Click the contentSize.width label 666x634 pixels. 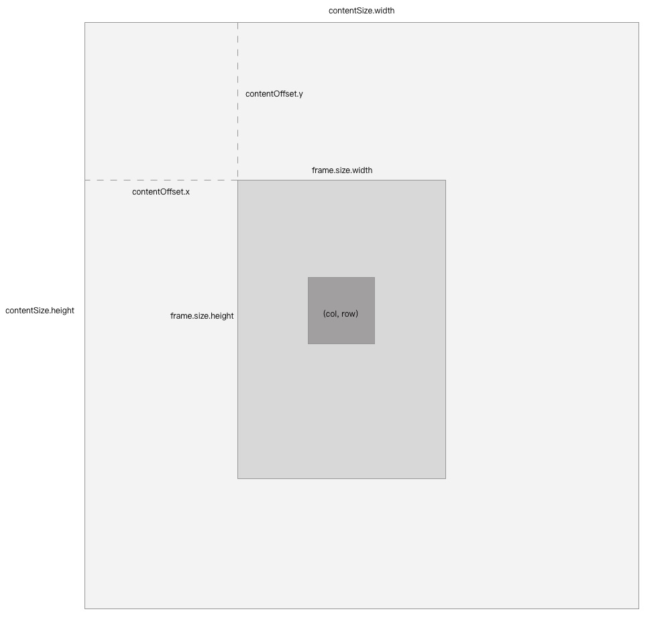pyautogui.click(x=362, y=11)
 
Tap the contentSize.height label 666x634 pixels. pyautogui.click(x=40, y=311)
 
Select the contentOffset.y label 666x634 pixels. pyautogui.click(x=274, y=94)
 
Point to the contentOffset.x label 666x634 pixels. pyautogui.click(x=160, y=192)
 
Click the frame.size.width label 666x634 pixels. pyautogui.click(x=342, y=170)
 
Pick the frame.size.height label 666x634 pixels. pyautogui.click(x=202, y=316)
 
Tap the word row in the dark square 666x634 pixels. pyautogui.click(x=349, y=314)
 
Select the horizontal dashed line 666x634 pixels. pyautogui.click(x=161, y=180)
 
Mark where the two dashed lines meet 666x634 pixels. pyautogui.click(x=237, y=180)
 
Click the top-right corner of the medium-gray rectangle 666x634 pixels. pyautogui.click(x=445, y=180)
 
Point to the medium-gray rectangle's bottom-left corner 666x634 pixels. pyautogui.click(x=237, y=478)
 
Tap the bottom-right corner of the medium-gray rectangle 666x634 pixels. pyautogui.click(x=445, y=478)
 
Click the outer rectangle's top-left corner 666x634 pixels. pyautogui.click(x=85, y=23)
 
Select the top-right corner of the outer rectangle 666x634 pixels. pyautogui.click(x=639, y=23)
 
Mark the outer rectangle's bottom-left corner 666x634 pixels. pyautogui.click(x=85, y=609)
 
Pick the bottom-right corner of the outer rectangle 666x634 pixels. pyautogui.click(x=639, y=609)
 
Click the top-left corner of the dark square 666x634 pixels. pyautogui.click(x=308, y=277)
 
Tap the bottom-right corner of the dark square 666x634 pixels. pyautogui.click(x=374, y=344)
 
